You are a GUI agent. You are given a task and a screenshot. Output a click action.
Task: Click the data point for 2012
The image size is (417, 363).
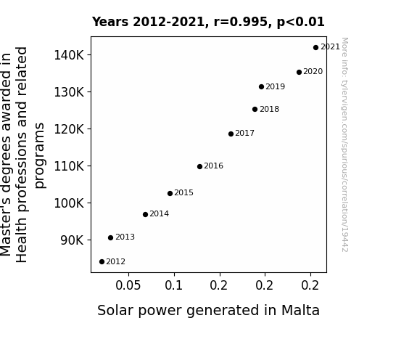pyautogui.click(x=102, y=262)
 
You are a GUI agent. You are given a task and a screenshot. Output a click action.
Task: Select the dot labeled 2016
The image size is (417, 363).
pyautogui.click(x=199, y=166)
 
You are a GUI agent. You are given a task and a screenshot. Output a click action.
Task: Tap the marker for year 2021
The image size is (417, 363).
pyautogui.click(x=315, y=48)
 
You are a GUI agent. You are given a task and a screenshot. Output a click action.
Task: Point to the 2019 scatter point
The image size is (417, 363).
pyautogui.click(x=261, y=87)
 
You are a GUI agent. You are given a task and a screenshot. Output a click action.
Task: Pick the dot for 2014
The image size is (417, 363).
pyautogui.click(x=145, y=214)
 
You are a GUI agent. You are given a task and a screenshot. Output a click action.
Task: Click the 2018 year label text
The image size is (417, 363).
pyautogui.click(x=269, y=109)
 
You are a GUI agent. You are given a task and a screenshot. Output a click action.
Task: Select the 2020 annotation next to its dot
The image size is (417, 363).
pyautogui.click(x=313, y=71)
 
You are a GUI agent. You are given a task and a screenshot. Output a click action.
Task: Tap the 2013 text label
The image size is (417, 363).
pyautogui.click(x=125, y=237)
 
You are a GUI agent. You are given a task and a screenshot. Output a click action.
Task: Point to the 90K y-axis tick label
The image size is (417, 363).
pyautogui.click(x=72, y=240)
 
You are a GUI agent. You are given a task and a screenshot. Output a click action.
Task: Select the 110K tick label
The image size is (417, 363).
pyautogui.click(x=69, y=166)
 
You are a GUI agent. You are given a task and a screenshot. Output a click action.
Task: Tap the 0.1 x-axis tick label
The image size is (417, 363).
pyautogui.click(x=174, y=285)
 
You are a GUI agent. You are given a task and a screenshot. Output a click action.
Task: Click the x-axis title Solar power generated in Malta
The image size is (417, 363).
pyautogui.click(x=209, y=311)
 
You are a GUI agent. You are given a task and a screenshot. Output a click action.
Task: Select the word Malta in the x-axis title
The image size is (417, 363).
pyautogui.click(x=300, y=310)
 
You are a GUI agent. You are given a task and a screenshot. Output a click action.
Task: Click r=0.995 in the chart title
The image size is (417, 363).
pyautogui.click(x=241, y=22)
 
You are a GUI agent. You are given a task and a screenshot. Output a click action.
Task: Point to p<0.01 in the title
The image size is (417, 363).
pyautogui.click(x=301, y=22)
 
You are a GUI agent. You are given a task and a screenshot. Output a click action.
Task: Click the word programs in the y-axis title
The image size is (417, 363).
pyautogui.click(x=40, y=155)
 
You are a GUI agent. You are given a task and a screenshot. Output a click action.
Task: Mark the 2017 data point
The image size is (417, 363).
pyautogui.click(x=231, y=134)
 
